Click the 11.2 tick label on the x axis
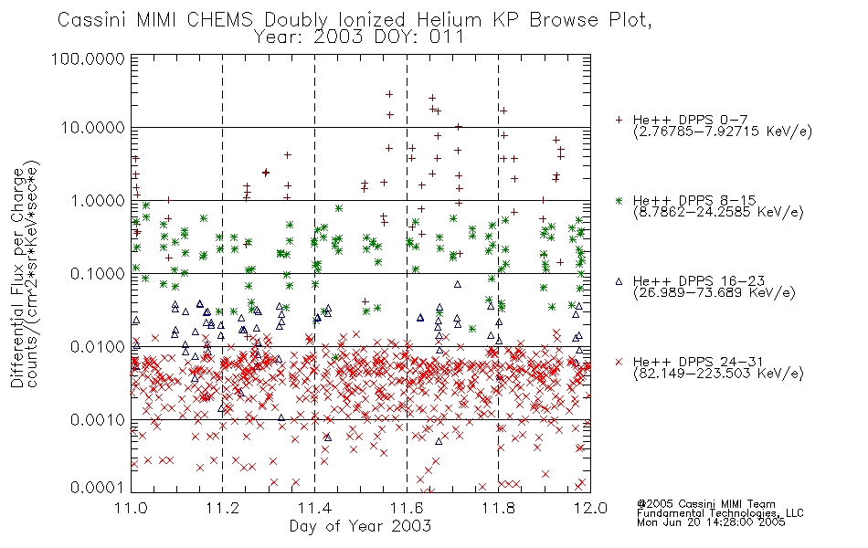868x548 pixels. [223, 508]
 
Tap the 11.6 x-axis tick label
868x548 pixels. [407, 508]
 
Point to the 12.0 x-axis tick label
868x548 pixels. [590, 508]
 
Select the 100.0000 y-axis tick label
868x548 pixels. [88, 58]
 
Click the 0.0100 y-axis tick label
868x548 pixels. [98, 347]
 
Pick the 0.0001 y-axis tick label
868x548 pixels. [98, 488]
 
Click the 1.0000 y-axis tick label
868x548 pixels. [98, 200]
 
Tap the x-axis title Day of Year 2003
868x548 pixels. [360, 526]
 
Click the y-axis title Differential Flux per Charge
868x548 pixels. [17, 277]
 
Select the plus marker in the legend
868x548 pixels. [619, 120]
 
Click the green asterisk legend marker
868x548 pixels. [619, 200]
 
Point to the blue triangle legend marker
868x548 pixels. [619, 281]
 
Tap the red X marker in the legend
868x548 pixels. [619, 362]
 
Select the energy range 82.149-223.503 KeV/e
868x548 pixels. [718, 374]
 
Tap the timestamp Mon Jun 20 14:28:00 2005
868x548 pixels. [711, 522]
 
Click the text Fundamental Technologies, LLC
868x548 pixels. [720, 513]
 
